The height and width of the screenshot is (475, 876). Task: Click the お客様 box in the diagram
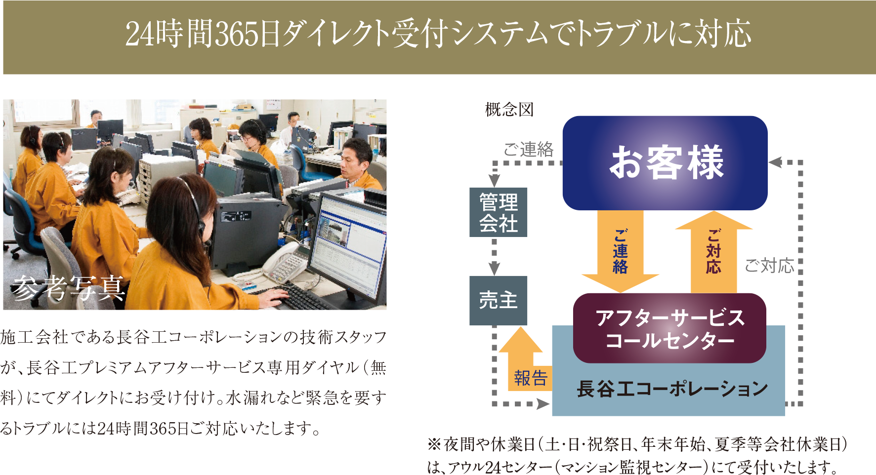665,163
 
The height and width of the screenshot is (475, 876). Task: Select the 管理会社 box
498,212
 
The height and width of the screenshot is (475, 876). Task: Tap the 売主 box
498,300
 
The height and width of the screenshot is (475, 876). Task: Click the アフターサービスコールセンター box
669,328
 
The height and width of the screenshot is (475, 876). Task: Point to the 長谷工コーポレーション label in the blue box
672,389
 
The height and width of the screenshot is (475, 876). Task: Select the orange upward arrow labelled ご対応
713,252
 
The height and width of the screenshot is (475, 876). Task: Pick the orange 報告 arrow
525,360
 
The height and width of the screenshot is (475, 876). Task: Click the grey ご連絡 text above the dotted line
529,149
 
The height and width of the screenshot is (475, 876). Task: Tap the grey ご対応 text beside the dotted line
769,266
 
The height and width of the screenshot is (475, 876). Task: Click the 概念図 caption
509,109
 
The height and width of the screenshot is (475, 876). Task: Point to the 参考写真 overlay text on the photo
68,287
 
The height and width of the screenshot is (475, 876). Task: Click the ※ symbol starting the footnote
434,444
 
